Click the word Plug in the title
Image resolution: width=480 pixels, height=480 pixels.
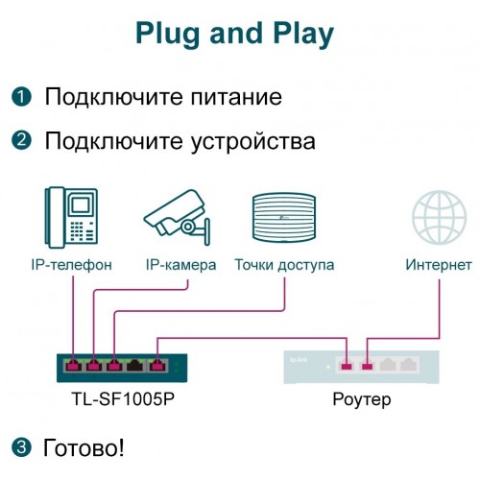pos(167,33)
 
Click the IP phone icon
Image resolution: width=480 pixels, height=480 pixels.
pos(71,215)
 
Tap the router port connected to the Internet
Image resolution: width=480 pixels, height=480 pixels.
pos(367,365)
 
